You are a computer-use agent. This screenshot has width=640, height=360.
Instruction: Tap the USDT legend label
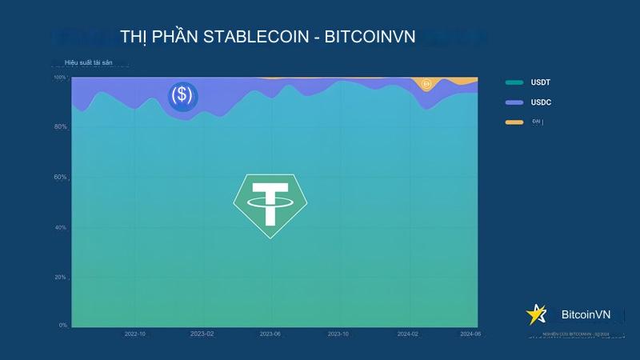[x=541, y=82]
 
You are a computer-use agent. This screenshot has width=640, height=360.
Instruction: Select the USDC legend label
[x=541, y=102]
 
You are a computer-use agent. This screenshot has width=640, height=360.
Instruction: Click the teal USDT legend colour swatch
[x=514, y=82]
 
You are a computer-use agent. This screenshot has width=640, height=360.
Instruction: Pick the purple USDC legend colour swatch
[x=514, y=102]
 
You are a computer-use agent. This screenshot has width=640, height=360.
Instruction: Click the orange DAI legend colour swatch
[x=514, y=122]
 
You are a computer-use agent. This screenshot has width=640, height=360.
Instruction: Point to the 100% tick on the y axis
[x=60, y=78]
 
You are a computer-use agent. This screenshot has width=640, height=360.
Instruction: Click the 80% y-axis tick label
[x=61, y=127]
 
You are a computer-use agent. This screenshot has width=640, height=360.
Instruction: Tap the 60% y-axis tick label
[x=61, y=177]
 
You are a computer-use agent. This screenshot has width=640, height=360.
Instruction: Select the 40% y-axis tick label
[x=61, y=227]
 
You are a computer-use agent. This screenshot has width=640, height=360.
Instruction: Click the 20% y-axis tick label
[x=61, y=277]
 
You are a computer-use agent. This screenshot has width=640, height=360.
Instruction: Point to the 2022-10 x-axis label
[x=135, y=334]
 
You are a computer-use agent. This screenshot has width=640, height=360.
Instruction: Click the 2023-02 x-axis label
[x=203, y=334]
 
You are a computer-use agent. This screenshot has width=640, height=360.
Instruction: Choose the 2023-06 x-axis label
[x=271, y=334]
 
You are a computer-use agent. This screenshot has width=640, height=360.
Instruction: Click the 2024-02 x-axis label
[x=407, y=334]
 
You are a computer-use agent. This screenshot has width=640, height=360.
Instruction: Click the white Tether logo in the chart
[x=270, y=205]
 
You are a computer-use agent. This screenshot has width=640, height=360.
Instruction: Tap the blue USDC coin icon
[x=182, y=95]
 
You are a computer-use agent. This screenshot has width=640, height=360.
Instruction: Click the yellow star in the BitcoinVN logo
[x=534, y=314]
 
